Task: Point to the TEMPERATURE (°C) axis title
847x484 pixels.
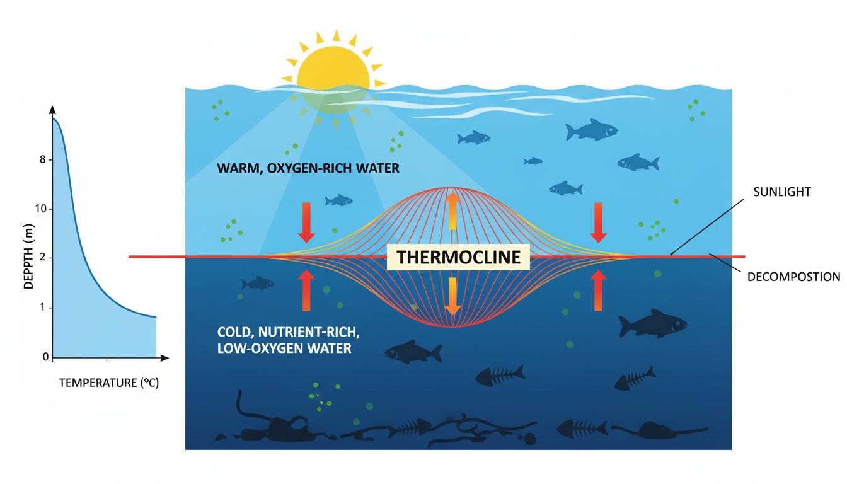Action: (108, 383)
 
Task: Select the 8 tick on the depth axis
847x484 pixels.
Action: (43, 160)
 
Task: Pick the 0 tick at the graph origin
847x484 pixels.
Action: (45, 357)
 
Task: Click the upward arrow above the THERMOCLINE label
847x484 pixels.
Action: (451, 210)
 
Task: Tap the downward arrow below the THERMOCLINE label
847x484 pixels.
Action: (451, 296)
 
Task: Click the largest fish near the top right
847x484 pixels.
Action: (591, 130)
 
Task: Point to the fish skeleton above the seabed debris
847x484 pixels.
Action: (500, 376)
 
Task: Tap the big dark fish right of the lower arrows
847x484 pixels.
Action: (652, 324)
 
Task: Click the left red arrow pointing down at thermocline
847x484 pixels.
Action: (306, 222)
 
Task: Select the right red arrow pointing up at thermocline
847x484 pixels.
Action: (598, 291)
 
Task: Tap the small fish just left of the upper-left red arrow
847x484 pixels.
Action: (338, 200)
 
